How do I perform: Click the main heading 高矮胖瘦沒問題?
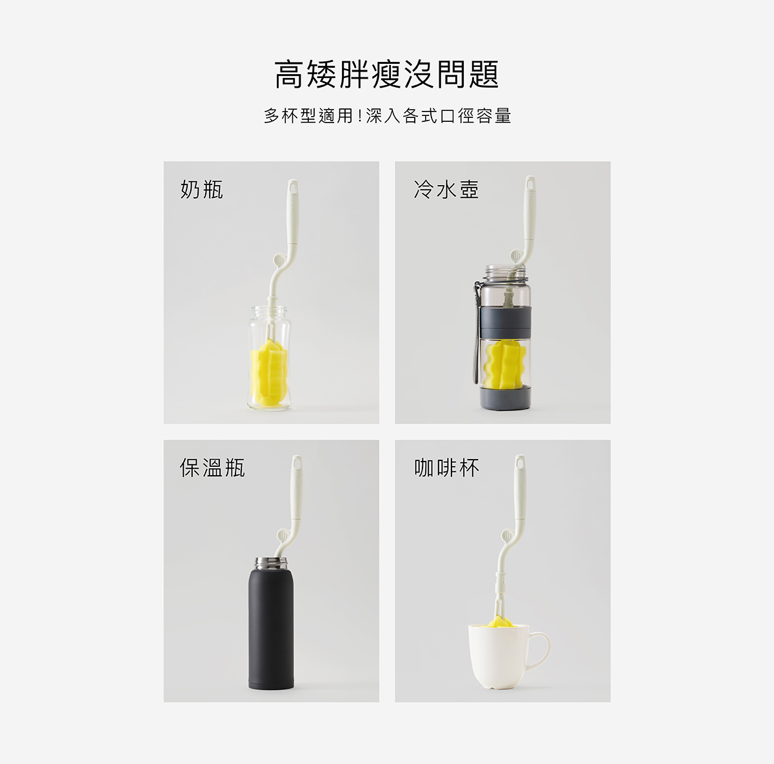(387, 74)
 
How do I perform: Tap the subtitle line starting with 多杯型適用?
(388, 115)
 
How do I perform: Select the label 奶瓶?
(202, 189)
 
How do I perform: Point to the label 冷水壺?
(446, 189)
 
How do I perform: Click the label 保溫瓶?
(212, 467)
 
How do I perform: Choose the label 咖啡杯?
(446, 467)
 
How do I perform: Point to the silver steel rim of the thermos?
(271, 563)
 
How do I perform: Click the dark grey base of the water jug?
(506, 398)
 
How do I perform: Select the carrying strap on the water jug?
(477, 333)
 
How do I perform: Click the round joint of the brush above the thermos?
(283, 535)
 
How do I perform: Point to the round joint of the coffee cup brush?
(508, 535)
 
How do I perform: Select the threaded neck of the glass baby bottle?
(269, 312)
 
